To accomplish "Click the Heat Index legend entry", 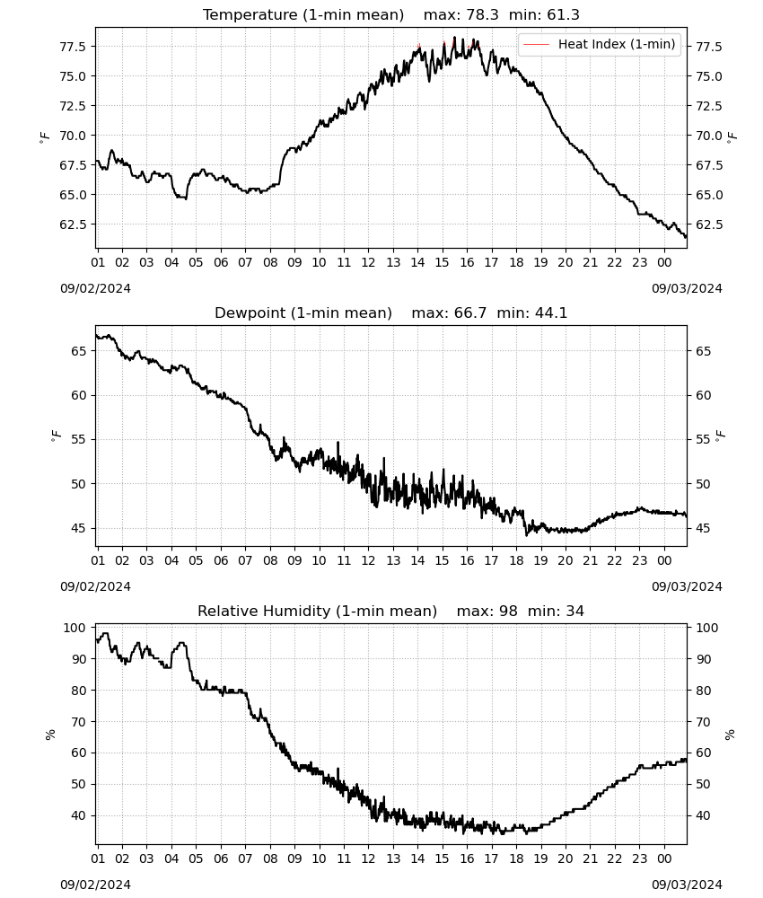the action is pyautogui.click(x=600, y=44).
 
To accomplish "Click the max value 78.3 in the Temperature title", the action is pyautogui.click(x=483, y=15).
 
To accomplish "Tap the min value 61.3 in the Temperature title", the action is pyautogui.click(x=563, y=15).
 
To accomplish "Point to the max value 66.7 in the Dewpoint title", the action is pyautogui.click(x=470, y=313).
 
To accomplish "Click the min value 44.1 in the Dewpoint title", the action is pyautogui.click(x=551, y=313).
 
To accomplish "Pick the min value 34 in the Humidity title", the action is pyautogui.click(x=575, y=612).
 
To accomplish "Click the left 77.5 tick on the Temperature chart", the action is pyautogui.click(x=73, y=47).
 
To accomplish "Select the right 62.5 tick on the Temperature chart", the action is pyautogui.click(x=709, y=224).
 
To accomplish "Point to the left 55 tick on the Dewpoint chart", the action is pyautogui.click(x=79, y=440).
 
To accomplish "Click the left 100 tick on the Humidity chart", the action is pyautogui.click(x=75, y=628).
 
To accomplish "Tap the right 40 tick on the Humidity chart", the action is pyautogui.click(x=704, y=815).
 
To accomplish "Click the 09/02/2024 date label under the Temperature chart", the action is pyautogui.click(x=95, y=288).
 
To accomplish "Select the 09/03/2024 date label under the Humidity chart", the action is pyautogui.click(x=687, y=885).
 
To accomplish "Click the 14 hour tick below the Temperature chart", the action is pyautogui.click(x=417, y=263).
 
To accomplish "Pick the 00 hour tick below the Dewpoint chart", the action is pyautogui.click(x=664, y=560).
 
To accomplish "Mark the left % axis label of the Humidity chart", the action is pyautogui.click(x=50, y=735).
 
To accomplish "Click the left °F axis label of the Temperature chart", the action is pyautogui.click(x=45, y=137).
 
